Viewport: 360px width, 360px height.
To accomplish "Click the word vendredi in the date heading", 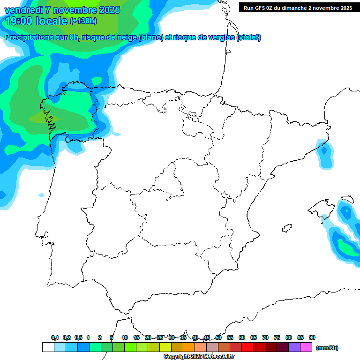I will click(24, 10).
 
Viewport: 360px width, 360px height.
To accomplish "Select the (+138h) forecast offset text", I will click(83, 21).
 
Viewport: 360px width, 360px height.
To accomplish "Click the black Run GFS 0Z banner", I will click(298, 7).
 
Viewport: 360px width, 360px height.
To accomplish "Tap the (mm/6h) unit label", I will click(327, 348).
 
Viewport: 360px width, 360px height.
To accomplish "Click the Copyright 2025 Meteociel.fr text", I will click(199, 357).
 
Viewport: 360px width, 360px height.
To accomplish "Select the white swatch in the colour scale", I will click(48, 347).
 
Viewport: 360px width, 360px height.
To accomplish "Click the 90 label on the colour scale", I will click(312, 337).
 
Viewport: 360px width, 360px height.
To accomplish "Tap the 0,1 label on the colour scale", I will click(55, 337).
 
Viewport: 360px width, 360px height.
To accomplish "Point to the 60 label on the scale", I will click(242, 337).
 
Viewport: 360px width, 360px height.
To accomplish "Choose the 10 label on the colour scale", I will click(125, 337).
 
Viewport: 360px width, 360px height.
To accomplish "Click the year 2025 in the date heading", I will click(109, 10).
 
